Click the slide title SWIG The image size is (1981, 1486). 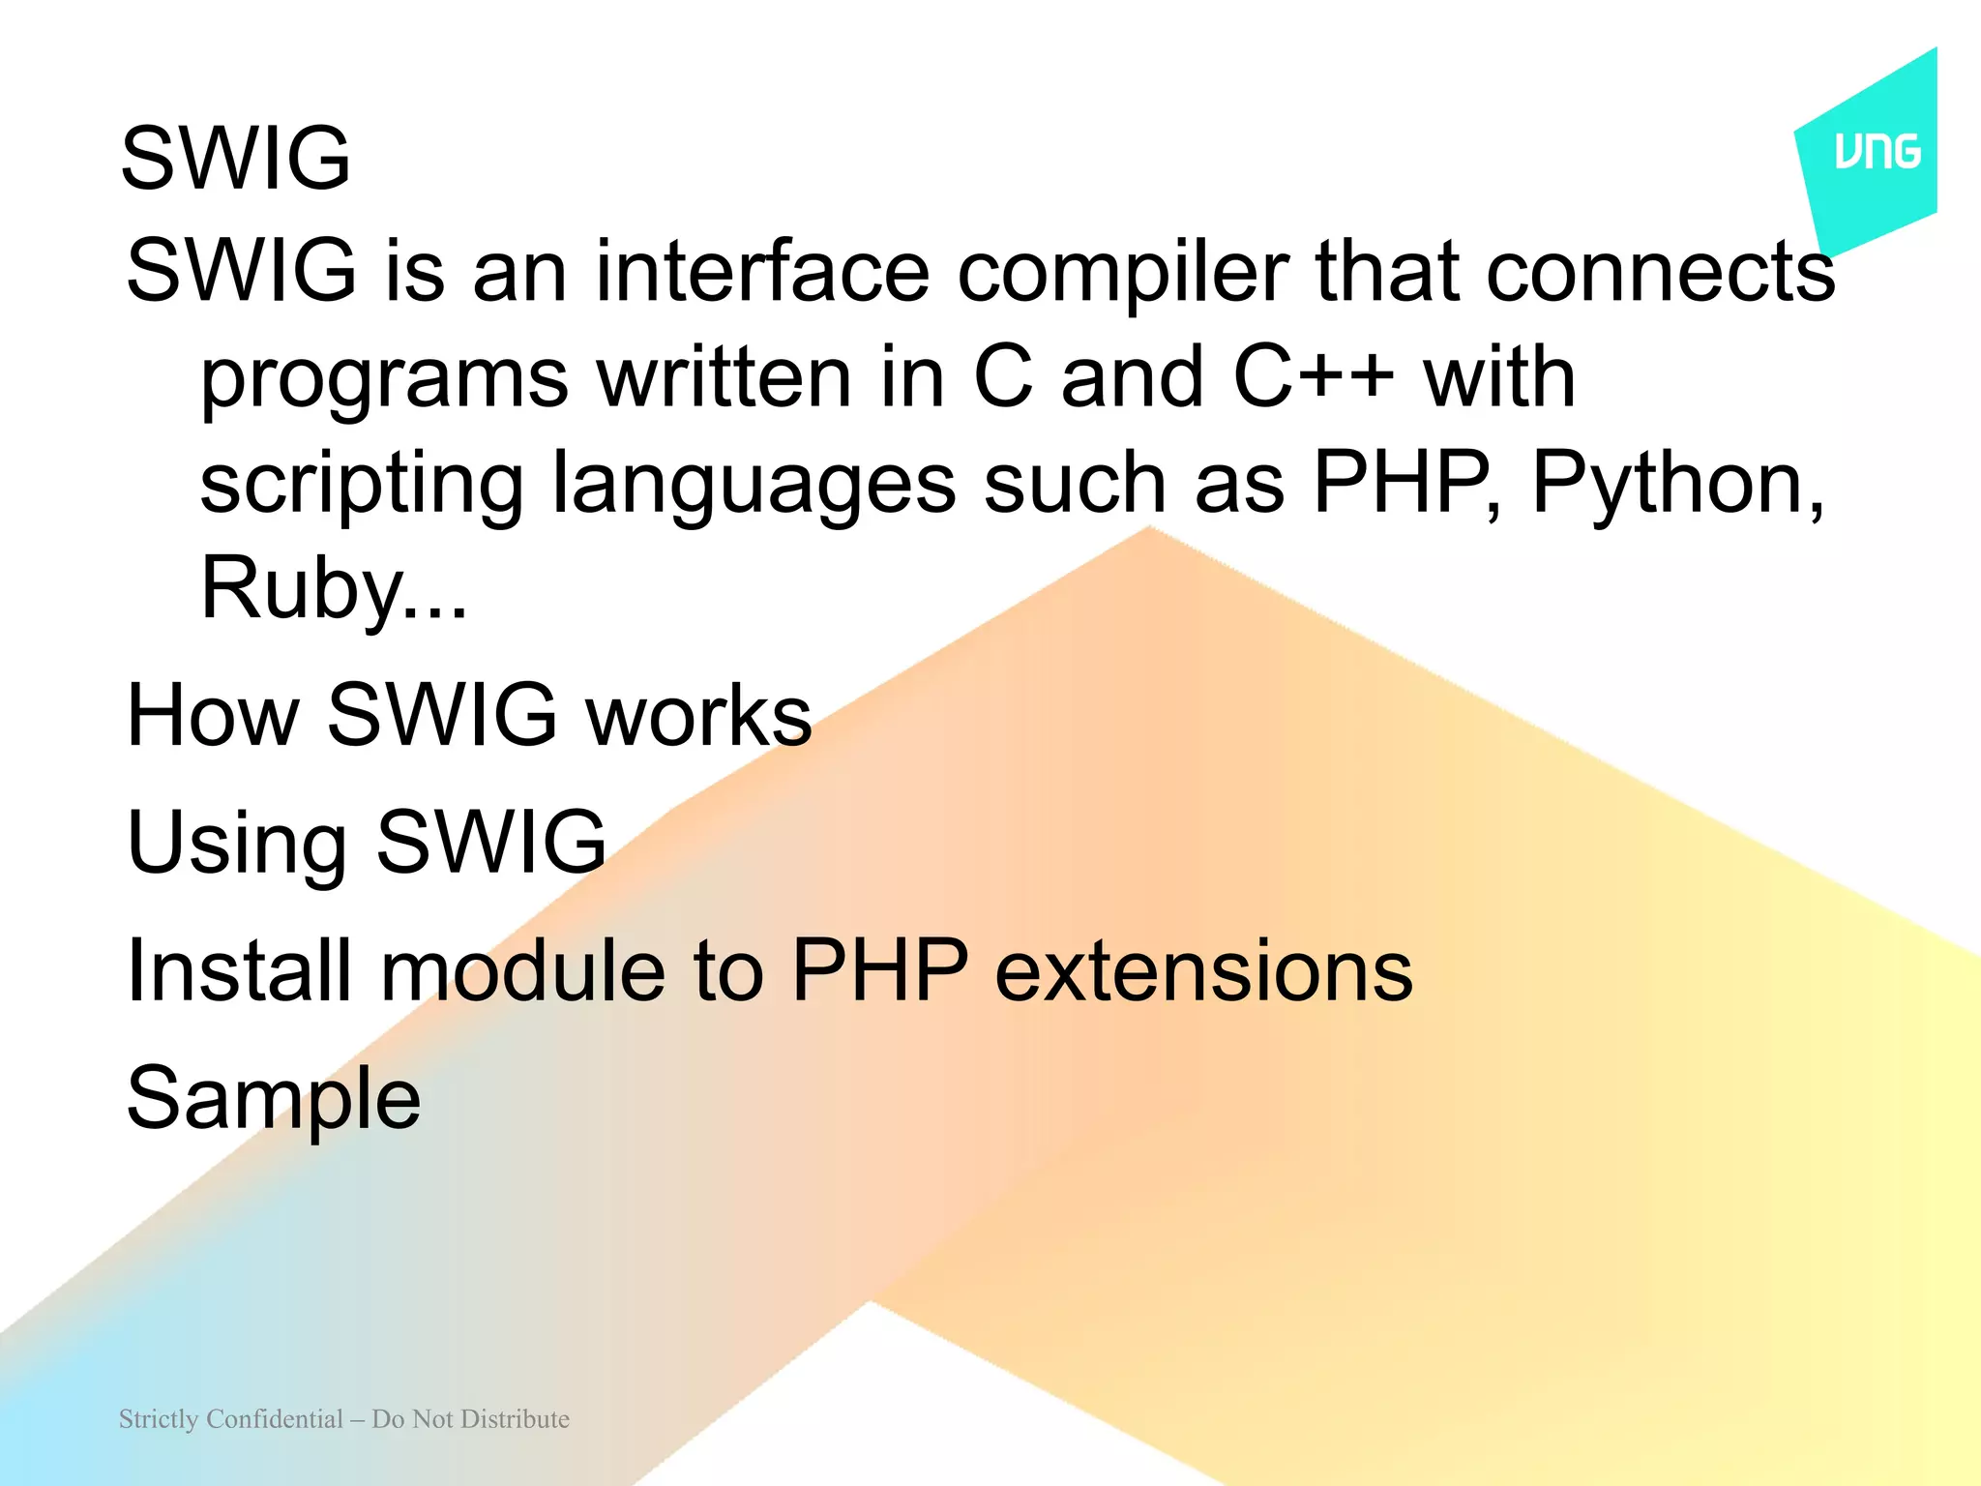tap(235, 158)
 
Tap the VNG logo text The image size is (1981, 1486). tap(1878, 153)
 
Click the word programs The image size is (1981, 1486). tap(384, 380)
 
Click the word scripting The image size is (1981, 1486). tap(361, 486)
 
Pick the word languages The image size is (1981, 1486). tap(754, 486)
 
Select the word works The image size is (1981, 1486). tap(698, 715)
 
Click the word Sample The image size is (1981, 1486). tap(274, 1100)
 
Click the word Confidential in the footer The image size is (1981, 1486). tap(275, 1419)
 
